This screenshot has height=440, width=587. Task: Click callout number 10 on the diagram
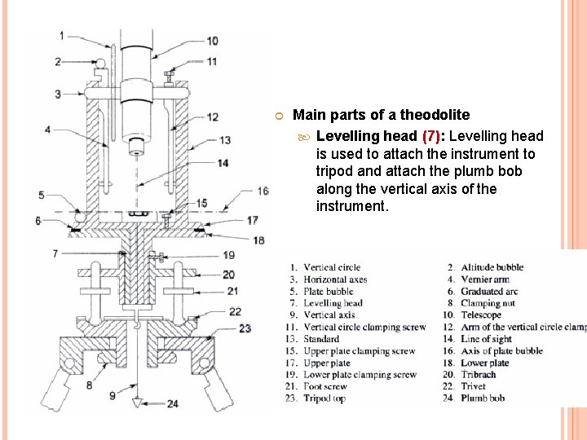pyautogui.click(x=211, y=41)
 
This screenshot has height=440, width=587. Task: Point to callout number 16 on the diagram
pyautogui.click(x=263, y=191)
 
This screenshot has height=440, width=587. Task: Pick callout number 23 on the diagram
pyautogui.click(x=244, y=328)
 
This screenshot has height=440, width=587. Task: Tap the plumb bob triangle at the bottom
pyautogui.click(x=139, y=403)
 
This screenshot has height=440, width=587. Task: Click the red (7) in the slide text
pyautogui.click(x=432, y=136)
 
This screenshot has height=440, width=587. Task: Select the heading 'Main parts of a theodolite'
pyautogui.click(x=381, y=115)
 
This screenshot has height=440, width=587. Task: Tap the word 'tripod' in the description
pyautogui.click(x=333, y=171)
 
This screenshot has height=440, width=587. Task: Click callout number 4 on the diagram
pyautogui.click(x=47, y=130)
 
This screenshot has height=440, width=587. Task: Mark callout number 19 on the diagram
pyautogui.click(x=228, y=255)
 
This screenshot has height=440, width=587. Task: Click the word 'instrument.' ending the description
pyautogui.click(x=352, y=206)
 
